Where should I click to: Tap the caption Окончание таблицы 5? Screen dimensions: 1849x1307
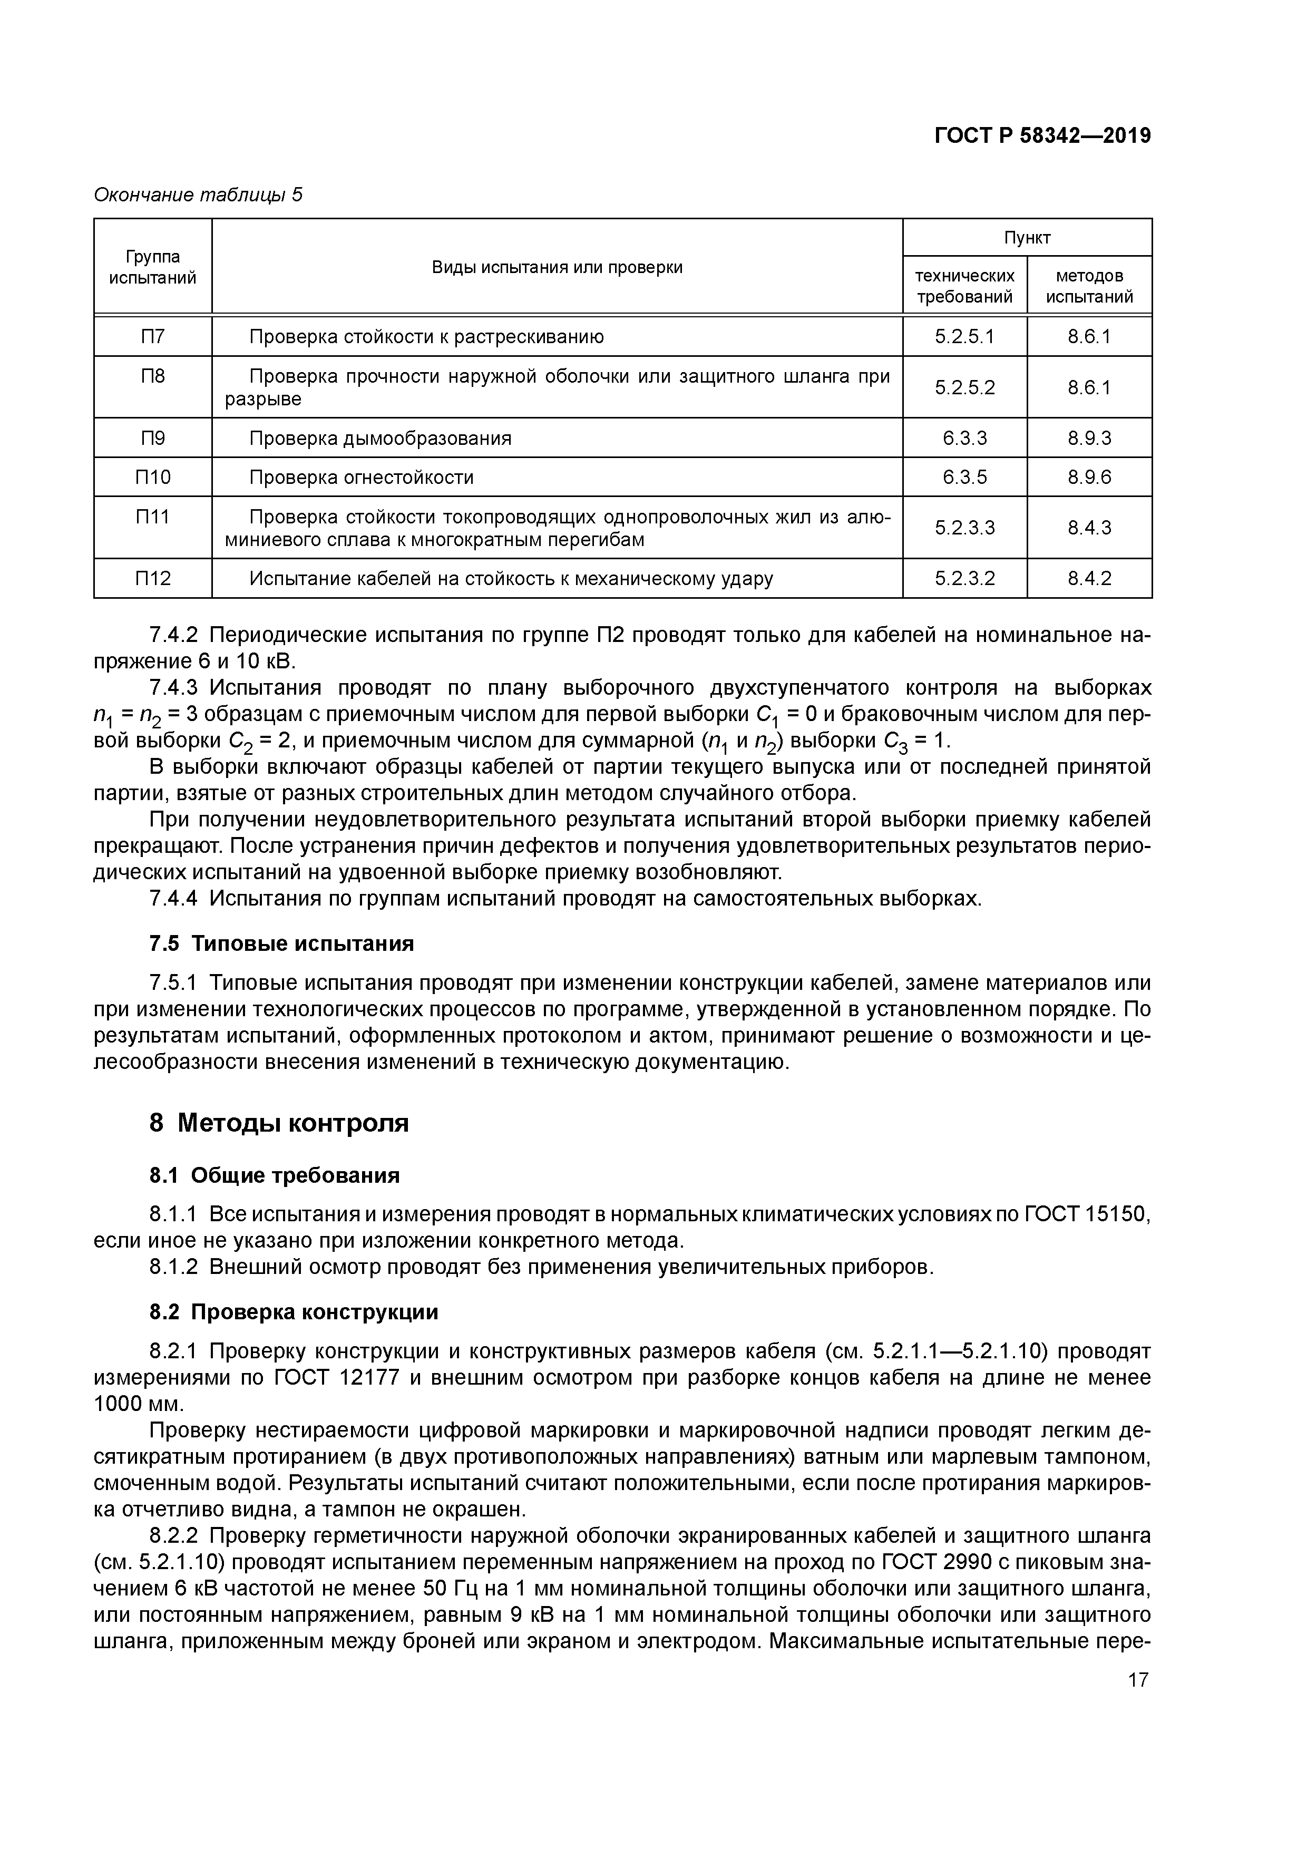click(x=198, y=195)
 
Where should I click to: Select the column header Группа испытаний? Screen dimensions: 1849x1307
click(x=152, y=267)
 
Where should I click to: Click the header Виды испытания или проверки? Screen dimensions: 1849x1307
click(x=557, y=267)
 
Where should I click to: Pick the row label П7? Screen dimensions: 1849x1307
click(x=152, y=336)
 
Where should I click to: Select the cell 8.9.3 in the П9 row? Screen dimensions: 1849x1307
click(x=1089, y=438)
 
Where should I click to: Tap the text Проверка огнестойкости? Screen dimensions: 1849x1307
click(x=361, y=478)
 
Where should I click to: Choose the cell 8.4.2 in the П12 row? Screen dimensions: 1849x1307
click(x=1089, y=578)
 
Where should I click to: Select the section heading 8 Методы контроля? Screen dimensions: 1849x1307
click(x=279, y=1123)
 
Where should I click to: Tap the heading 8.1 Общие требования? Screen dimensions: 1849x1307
click(x=274, y=1176)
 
